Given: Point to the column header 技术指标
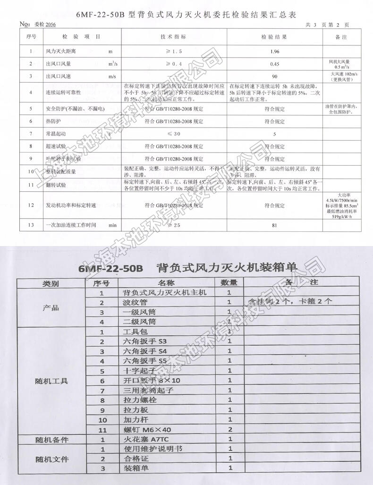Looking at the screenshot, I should (x=174, y=37).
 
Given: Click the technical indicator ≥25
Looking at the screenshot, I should (x=174, y=225).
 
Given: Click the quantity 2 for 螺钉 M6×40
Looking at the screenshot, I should (x=229, y=430).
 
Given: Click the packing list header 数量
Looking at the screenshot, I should (x=229, y=283).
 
